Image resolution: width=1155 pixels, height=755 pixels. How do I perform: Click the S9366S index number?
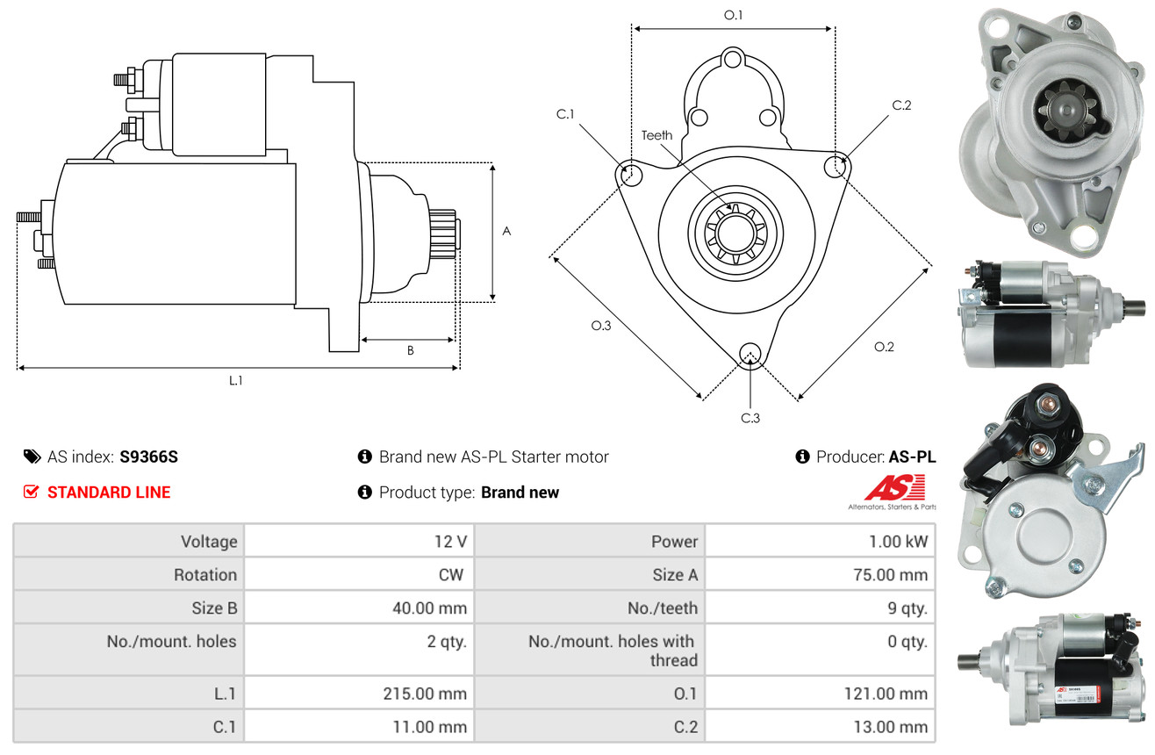click(148, 457)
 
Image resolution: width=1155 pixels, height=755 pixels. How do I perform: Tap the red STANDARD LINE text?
click(109, 493)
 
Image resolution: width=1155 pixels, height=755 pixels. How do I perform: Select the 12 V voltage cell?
click(449, 542)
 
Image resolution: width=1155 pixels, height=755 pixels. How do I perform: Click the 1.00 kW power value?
click(898, 542)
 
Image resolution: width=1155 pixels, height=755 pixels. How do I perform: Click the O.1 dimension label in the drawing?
click(733, 15)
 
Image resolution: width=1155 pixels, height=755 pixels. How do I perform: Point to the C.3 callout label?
click(750, 418)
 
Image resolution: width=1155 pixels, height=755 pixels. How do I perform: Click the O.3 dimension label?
click(600, 326)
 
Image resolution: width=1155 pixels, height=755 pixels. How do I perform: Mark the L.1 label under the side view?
click(235, 380)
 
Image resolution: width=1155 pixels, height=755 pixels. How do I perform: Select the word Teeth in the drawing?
click(656, 135)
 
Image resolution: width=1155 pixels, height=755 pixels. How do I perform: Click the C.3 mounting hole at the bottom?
click(750, 354)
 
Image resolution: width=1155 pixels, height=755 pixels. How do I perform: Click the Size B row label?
click(214, 608)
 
